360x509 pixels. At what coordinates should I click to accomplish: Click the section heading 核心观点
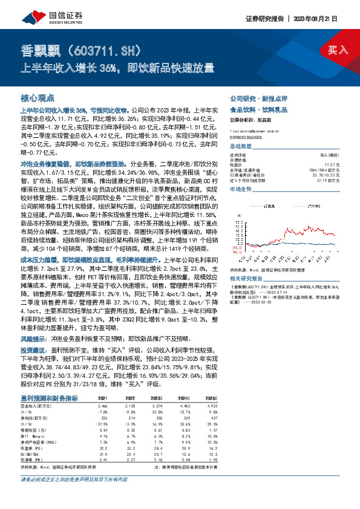click(38, 97)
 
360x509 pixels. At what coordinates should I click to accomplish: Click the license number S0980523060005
click(245, 137)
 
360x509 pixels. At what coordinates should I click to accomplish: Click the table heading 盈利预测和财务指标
click(49, 398)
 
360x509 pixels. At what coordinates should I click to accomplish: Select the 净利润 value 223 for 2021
click(105, 417)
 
